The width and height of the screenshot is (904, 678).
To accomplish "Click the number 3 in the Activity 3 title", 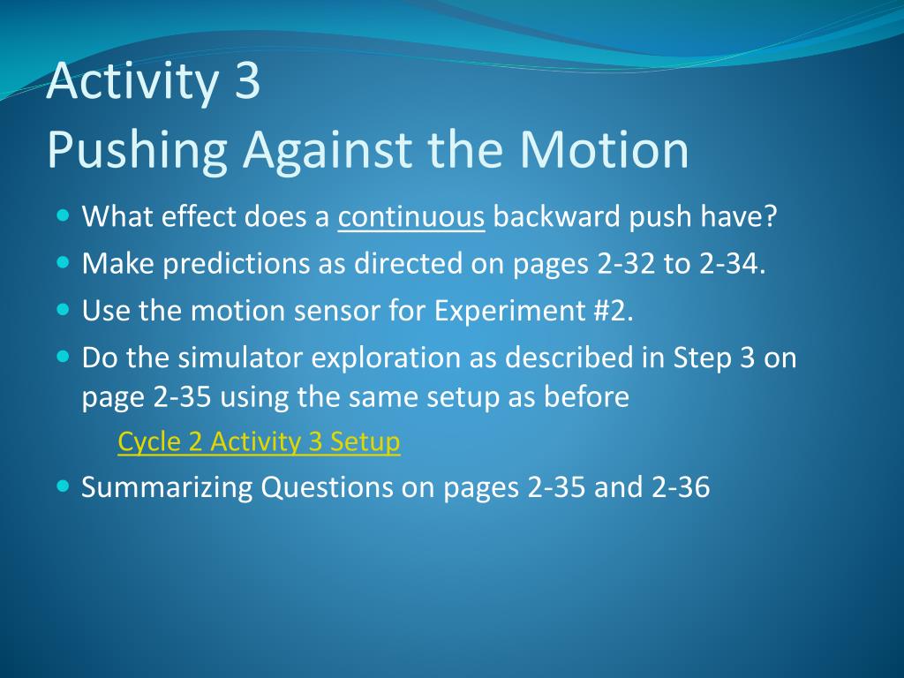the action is [x=247, y=80].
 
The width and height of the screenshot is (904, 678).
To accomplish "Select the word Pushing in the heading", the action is [x=137, y=151].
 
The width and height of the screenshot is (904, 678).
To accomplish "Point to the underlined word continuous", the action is [x=411, y=217].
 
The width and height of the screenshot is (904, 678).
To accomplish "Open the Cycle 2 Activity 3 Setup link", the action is [x=259, y=442].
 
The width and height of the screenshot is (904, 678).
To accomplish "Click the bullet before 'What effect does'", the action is [x=64, y=216].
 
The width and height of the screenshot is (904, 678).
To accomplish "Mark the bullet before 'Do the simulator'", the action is [x=64, y=357].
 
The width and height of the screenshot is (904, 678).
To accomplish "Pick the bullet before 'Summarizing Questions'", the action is [x=64, y=486].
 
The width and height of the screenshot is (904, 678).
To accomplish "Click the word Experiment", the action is [x=509, y=312].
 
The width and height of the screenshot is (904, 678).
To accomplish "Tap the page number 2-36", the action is [x=681, y=487].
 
